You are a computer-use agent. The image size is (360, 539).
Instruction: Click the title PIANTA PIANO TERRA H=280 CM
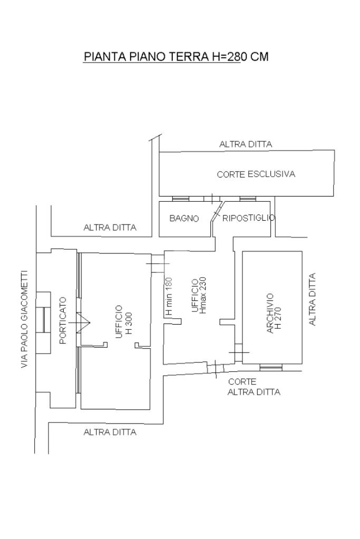click(176, 57)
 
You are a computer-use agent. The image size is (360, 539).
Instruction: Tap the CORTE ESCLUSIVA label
click(256, 174)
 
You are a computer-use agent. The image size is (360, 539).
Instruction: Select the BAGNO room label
click(184, 218)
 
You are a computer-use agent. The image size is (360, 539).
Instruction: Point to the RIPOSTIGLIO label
click(249, 218)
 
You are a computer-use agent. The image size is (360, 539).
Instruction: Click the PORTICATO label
click(63, 320)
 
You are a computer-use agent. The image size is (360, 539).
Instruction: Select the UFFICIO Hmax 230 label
click(199, 296)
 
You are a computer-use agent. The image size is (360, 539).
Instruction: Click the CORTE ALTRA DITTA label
click(254, 387)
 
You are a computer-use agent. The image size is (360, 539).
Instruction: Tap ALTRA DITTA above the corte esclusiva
click(246, 144)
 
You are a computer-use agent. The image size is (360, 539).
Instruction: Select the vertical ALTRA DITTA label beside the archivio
click(312, 299)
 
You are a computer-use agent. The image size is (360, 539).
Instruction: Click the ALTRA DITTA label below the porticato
click(110, 432)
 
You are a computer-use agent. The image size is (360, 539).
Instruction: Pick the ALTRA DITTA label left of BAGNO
click(110, 228)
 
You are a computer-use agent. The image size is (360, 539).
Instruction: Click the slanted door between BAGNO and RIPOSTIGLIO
click(217, 211)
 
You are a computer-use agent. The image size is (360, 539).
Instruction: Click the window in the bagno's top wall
click(180, 199)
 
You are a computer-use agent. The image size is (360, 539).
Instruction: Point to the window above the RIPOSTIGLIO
click(247, 199)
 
